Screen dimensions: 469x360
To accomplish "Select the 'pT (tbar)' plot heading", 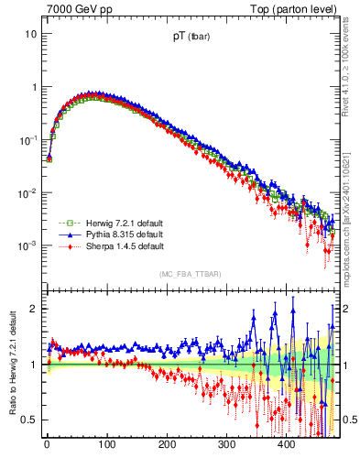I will (x=190, y=38).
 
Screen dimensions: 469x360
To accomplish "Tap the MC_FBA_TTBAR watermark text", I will (x=190, y=274).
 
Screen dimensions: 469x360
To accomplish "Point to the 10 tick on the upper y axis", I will (x=30, y=34).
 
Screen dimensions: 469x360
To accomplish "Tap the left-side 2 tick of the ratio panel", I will (x=33, y=309).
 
